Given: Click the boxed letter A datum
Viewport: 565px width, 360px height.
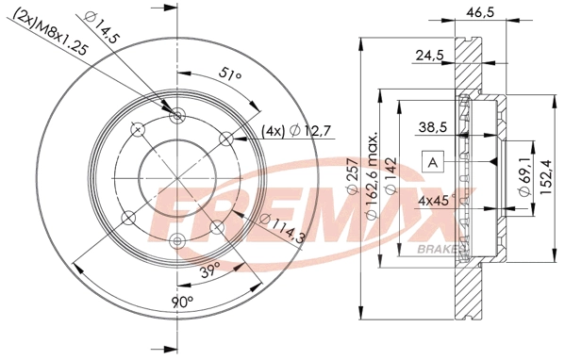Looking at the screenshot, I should coord(433,162).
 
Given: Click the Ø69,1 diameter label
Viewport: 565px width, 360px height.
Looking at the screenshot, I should coord(524,179).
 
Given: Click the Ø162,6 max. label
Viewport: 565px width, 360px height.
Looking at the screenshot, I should coord(371,176).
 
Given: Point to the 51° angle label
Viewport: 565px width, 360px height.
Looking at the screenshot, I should coord(229,74).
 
